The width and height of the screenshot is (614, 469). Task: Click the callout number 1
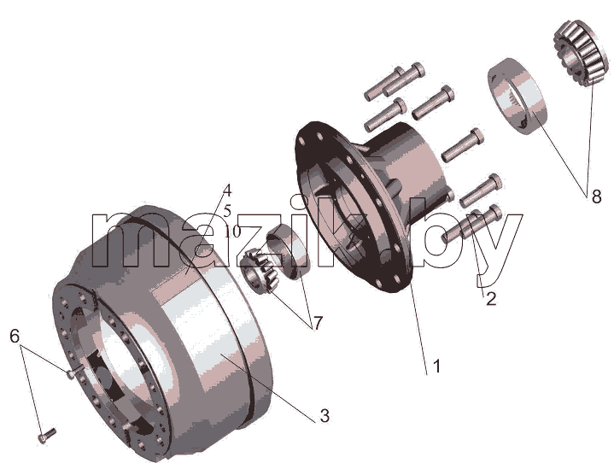tap(436, 366)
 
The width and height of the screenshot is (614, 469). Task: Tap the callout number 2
tap(491, 299)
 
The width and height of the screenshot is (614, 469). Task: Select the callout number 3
tap(325, 416)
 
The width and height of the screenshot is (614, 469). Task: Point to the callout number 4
tap(227, 191)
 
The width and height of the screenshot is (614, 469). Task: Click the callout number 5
tap(227, 211)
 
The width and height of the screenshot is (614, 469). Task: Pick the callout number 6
tap(15, 336)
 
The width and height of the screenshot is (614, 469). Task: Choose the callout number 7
tap(317, 323)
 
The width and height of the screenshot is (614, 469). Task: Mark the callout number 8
tap(596, 196)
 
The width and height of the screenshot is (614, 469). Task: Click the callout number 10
tap(232, 232)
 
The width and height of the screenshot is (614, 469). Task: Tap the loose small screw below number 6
tap(47, 436)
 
